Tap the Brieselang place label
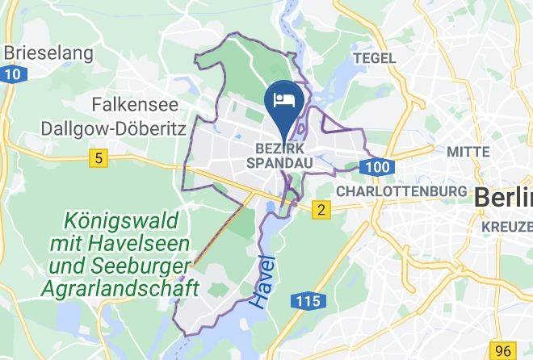tap(48, 54)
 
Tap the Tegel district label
tap(375, 58)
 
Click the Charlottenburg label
tap(401, 191)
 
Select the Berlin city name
tap(502, 197)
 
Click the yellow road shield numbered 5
tap(98, 159)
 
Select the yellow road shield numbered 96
tap(504, 350)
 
